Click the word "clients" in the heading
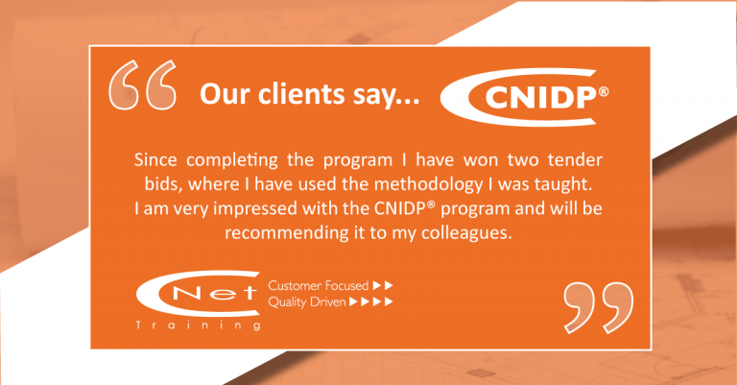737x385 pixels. point(301,94)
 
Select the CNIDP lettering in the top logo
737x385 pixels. point(540,99)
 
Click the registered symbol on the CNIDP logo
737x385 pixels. point(604,91)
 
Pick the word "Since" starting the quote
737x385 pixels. point(155,159)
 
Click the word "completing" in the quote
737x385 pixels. point(232,161)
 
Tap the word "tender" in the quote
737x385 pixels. point(575,159)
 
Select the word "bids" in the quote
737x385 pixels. point(163,184)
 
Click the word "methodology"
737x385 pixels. point(428,185)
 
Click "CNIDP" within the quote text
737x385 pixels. point(400,208)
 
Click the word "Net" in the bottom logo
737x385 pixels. point(214,294)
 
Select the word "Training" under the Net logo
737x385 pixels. point(199,325)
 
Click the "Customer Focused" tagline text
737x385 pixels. point(319,286)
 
